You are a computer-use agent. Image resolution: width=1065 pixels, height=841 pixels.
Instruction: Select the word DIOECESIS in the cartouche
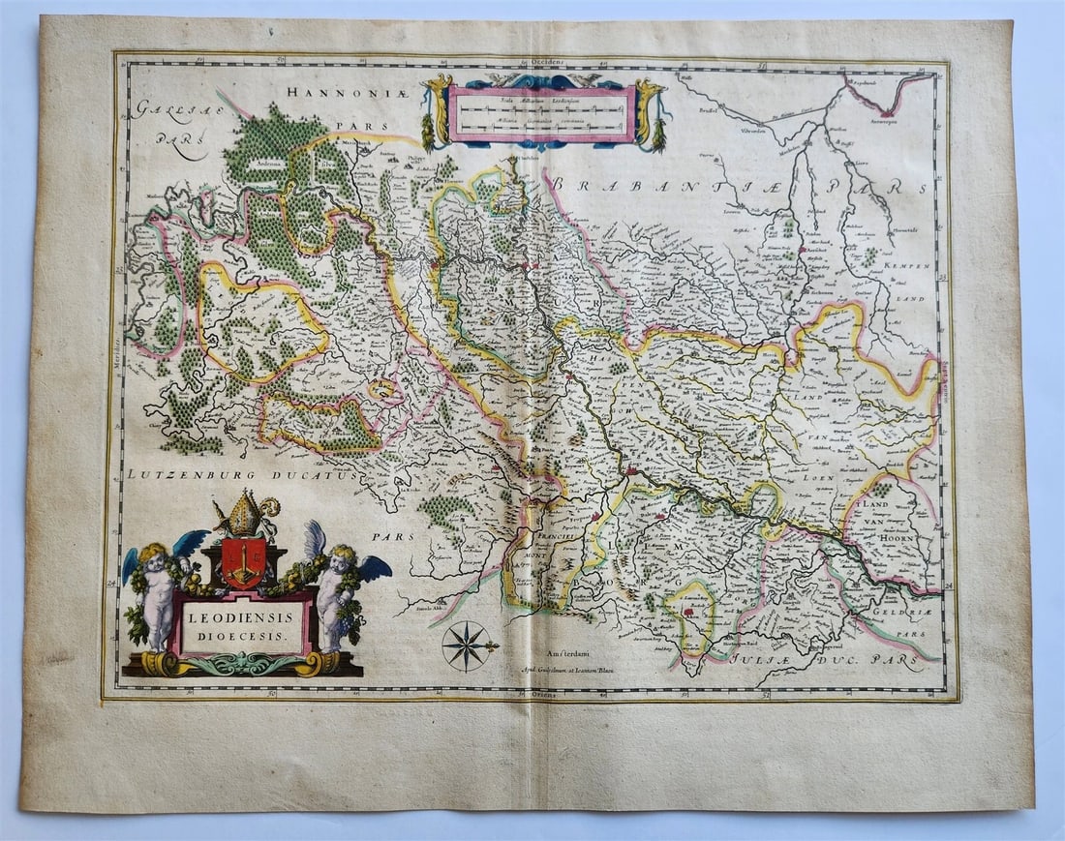coord(241,636)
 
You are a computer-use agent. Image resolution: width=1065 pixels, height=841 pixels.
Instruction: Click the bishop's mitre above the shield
coord(243,516)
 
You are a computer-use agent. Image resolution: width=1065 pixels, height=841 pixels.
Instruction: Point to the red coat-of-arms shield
coord(242,562)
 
